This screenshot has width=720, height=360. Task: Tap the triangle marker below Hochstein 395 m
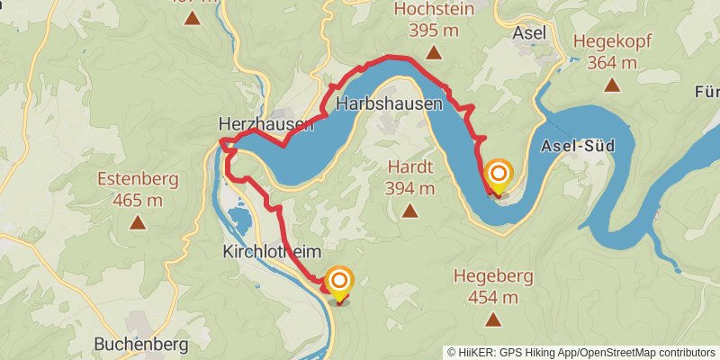[x=434, y=53]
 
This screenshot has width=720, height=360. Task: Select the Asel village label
[x=528, y=31]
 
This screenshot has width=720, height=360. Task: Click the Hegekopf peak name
[x=612, y=41]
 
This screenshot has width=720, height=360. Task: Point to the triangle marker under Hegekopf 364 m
[x=612, y=85]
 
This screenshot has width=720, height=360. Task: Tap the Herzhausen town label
[x=265, y=124]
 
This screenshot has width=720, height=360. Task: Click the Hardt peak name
[x=410, y=166]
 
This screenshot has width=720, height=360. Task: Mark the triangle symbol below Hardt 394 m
[x=410, y=211]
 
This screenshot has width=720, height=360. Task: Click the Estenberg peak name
[x=138, y=177]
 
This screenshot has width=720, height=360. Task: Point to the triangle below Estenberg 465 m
[x=138, y=221]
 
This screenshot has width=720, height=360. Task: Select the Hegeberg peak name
[x=493, y=275]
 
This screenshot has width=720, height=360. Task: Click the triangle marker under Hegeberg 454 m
[x=493, y=319]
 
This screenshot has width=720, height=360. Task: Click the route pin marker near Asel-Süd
[x=498, y=174]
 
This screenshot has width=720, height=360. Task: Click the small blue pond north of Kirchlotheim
[x=238, y=219]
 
